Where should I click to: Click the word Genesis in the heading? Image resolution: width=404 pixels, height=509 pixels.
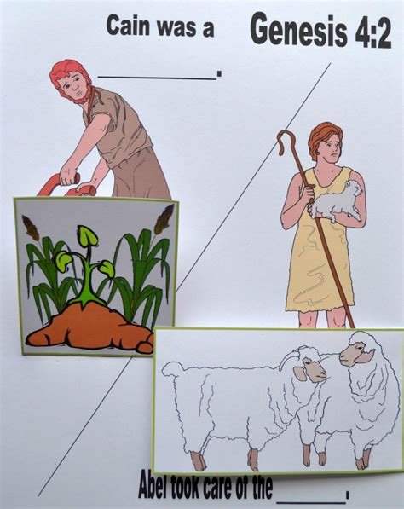(299, 30)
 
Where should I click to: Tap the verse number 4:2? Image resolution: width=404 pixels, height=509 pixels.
(373, 31)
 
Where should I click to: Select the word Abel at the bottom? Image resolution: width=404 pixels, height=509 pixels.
(154, 486)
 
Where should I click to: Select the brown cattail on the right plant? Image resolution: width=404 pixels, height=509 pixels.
(164, 219)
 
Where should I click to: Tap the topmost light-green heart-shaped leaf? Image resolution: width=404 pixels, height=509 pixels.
(87, 236)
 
